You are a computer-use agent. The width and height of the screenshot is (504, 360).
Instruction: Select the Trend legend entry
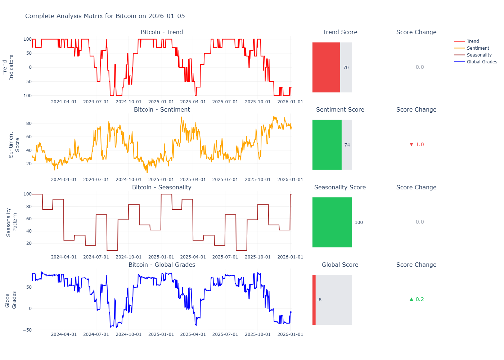pyautogui.click(x=472, y=41)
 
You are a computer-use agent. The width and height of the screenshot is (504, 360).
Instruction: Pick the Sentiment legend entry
pyautogui.click(x=478, y=48)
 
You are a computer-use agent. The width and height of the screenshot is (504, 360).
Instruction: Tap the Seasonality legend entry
pyautogui.click(x=479, y=55)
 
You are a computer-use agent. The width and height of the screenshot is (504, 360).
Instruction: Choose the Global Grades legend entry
pyautogui.click(x=482, y=62)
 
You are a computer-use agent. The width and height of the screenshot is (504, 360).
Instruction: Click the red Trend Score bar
pyautogui.click(x=326, y=67)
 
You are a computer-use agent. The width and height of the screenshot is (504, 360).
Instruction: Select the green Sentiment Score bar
pyautogui.click(x=327, y=145)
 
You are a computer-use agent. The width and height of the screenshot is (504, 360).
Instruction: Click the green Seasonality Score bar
pyautogui.click(x=332, y=222)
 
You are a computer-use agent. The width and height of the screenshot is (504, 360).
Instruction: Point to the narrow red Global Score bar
pyautogui.click(x=314, y=300)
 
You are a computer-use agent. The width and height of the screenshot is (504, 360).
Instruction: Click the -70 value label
pyautogui.click(x=345, y=68)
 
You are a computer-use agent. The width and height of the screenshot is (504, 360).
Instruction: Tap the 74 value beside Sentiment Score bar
pyautogui.click(x=347, y=145)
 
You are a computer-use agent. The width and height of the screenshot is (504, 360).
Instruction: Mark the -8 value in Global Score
pyautogui.click(x=319, y=300)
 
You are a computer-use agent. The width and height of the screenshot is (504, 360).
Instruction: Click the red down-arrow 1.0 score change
pyautogui.click(x=417, y=144)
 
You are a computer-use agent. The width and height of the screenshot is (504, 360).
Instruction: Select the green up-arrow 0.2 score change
pyautogui.click(x=417, y=299)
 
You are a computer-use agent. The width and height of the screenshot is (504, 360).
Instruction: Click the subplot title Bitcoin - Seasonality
pyautogui.click(x=162, y=187)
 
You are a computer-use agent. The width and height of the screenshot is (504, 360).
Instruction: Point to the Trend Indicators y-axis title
pyautogui.click(x=8, y=67)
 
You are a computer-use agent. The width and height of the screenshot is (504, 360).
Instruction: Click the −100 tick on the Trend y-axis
pyautogui.click(x=26, y=96)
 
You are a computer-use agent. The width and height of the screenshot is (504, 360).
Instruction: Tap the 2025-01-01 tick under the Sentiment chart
pyautogui.click(x=161, y=180)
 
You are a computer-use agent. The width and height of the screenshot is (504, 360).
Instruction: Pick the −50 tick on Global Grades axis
pyautogui.click(x=27, y=330)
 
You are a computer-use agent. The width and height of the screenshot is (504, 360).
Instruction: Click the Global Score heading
pyautogui.click(x=340, y=265)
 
